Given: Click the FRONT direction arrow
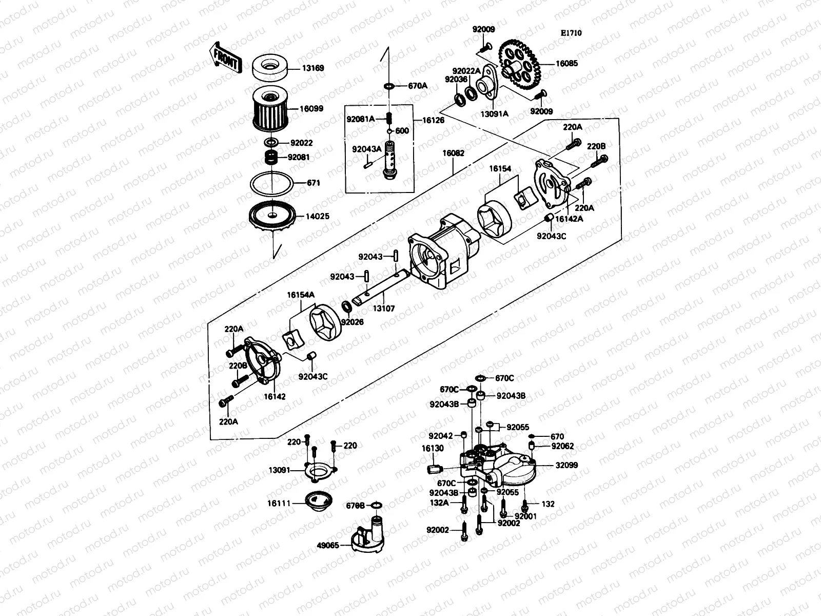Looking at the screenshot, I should click(225, 57).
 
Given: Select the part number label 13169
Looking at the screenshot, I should click(313, 68).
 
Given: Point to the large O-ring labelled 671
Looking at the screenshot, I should click(272, 183).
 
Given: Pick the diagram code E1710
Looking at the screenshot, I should click(571, 33).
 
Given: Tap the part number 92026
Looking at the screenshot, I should click(352, 322).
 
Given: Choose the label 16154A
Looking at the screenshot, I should click(301, 295).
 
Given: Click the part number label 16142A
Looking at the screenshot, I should click(572, 219).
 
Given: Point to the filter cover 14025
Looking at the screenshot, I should click(272, 218).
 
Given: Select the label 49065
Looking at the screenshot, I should click(329, 545).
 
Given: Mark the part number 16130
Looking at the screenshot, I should click(433, 448).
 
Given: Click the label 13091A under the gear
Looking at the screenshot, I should click(495, 113).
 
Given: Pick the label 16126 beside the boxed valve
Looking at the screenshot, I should click(433, 120).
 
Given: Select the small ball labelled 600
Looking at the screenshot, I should click(389, 131).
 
